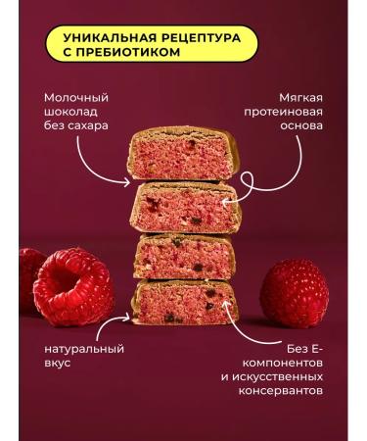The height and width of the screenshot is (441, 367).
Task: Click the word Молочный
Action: click(x=76, y=98)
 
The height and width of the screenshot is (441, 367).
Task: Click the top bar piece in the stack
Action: click(x=183, y=154)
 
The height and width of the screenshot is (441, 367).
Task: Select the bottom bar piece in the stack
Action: click(x=184, y=302)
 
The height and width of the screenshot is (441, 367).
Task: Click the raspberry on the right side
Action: click(x=294, y=293)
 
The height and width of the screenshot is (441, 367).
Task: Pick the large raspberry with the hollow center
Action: click(x=74, y=285)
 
